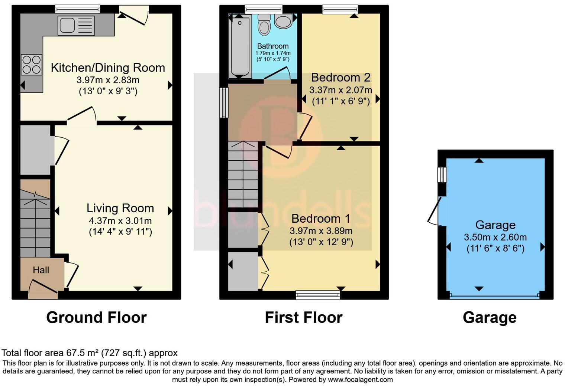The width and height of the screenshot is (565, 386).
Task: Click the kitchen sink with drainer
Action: coord(76,26)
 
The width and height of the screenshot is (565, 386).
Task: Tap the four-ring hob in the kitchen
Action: coord(32,65)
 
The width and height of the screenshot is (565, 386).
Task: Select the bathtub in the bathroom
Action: coord(240,47)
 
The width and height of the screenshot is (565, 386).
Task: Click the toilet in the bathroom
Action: coord(264,24)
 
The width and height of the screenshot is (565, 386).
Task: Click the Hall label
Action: coord(41,270)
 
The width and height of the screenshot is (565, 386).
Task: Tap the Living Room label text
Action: coord(120,208)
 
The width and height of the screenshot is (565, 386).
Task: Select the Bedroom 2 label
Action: coord(340,77)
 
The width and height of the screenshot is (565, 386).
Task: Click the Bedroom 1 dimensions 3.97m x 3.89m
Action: coord(321,231)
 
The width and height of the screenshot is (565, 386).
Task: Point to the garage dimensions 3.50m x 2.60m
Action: coord(495,237)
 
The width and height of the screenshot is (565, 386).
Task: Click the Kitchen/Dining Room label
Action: coord(108,68)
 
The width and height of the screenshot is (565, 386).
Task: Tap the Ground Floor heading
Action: coord(96,317)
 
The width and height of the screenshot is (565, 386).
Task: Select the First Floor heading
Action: coord(304,317)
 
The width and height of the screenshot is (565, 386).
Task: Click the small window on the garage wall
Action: coord(442,174)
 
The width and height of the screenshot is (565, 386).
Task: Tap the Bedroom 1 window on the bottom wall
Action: coord(318,295)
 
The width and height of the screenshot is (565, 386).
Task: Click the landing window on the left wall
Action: coord(224,102)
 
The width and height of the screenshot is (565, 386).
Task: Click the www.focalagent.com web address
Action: coord(360,379)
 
